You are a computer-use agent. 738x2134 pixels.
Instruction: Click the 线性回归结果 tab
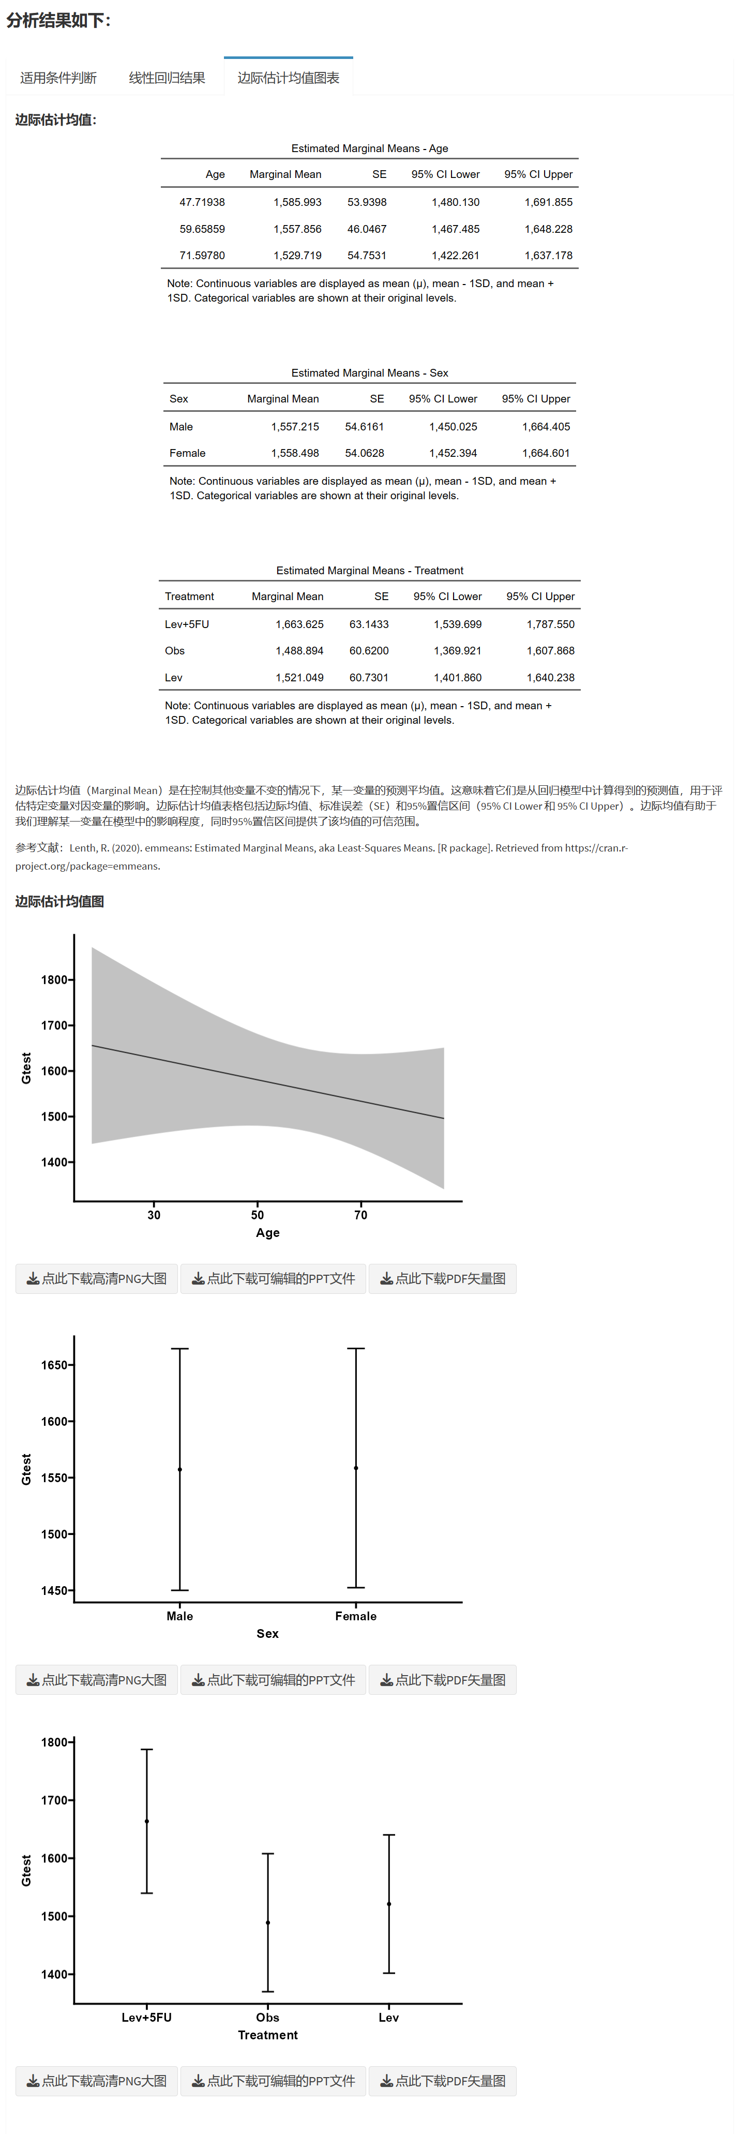[x=167, y=78]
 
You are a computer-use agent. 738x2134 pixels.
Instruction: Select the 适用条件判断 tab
[x=58, y=78]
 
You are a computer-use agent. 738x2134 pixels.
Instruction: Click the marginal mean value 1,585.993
[x=297, y=202]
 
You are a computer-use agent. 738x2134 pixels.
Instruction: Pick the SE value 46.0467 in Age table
[x=367, y=229]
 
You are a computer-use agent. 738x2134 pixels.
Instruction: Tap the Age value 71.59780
[x=202, y=255]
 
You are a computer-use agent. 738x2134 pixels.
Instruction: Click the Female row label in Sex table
[x=187, y=453]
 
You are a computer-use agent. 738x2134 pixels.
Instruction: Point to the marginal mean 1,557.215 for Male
[x=295, y=427]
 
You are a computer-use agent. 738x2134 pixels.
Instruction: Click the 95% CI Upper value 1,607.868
[x=550, y=650]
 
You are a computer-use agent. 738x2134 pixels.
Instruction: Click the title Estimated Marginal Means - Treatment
[x=369, y=571]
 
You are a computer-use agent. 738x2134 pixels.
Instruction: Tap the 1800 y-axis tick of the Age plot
[x=55, y=979]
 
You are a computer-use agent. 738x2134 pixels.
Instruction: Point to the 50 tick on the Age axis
[x=258, y=1215]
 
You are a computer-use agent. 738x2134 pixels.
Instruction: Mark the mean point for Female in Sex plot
[x=356, y=1468]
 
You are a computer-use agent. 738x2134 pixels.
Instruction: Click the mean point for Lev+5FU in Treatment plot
[x=146, y=1821]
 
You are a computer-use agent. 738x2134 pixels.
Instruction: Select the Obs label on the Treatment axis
[x=267, y=2017]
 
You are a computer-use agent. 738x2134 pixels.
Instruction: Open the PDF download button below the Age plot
[x=442, y=1278]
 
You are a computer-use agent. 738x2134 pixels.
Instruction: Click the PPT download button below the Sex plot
[x=274, y=1679]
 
